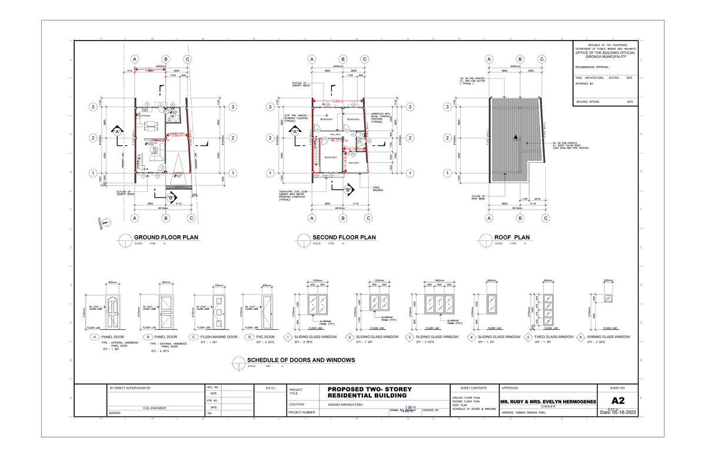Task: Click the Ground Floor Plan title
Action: point(166,237)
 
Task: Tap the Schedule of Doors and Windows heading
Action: point(301,359)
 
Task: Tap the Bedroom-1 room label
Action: point(331,158)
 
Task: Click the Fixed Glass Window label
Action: point(554,337)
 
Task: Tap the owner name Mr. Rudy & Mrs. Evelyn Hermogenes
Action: point(547,402)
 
